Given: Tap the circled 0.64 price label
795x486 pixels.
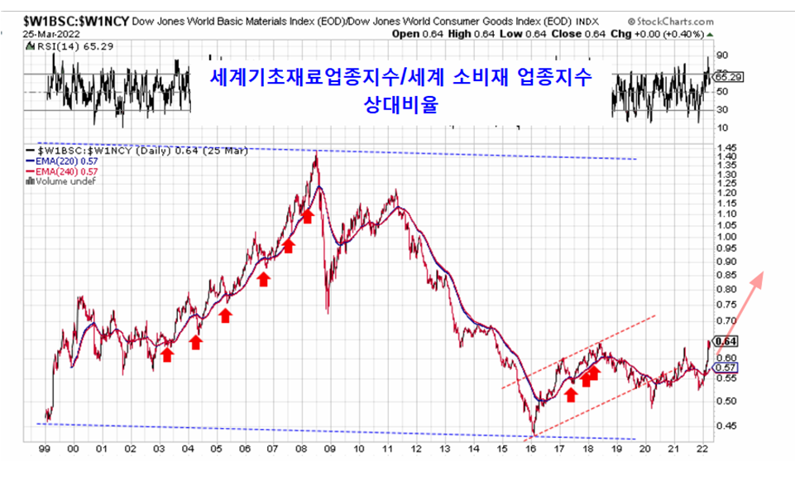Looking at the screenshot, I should pos(726,340).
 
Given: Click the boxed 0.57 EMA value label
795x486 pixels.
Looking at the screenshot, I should pos(726,367).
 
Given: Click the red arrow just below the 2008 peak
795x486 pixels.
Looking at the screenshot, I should pos(307,216).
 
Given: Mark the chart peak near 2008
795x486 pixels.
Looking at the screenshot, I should pos(315,154).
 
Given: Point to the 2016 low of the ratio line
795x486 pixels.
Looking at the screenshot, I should pos(534,432).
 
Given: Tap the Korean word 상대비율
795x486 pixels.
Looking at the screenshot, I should pos(400,105).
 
